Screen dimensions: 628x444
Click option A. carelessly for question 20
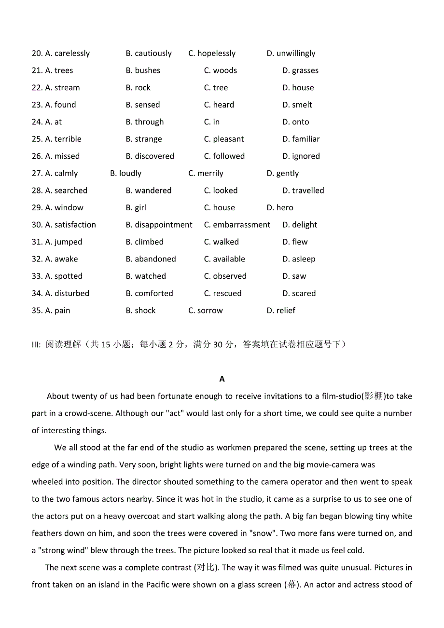(68, 54)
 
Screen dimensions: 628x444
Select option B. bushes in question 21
(143, 70)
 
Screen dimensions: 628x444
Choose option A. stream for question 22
(63, 88)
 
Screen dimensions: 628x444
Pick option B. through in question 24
(145, 122)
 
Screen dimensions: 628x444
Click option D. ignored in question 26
(301, 156)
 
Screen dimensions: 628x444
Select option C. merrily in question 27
(206, 173)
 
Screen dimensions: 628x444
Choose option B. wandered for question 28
(149, 191)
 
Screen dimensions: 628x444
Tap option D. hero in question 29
(280, 207)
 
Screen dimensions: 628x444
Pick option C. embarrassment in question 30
(237, 225)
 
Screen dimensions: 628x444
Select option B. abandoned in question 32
(151, 259)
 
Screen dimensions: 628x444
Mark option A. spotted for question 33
(64, 276)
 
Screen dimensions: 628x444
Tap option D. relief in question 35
(281, 310)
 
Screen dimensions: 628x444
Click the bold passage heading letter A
(222, 379)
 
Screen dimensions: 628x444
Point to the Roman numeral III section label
(36, 344)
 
